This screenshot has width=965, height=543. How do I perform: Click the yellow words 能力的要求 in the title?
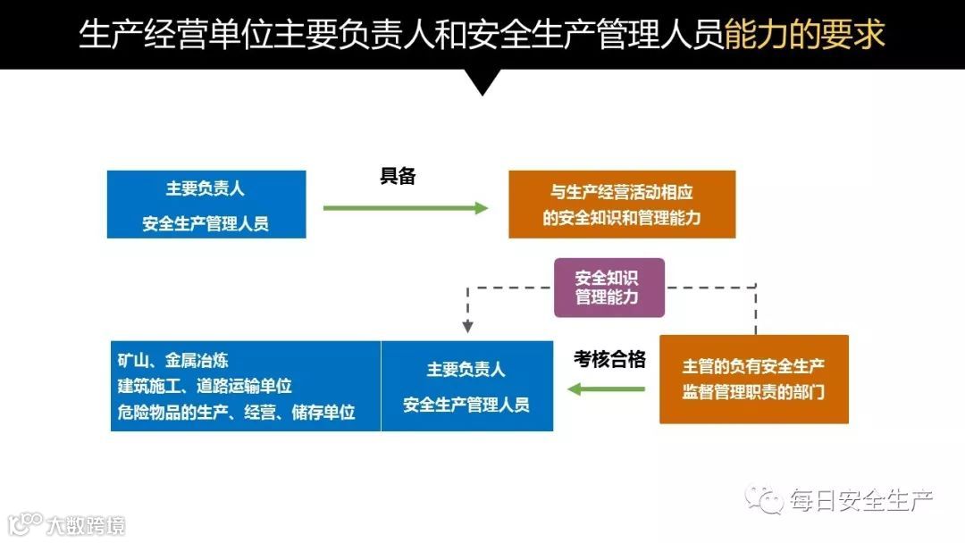[x=804, y=35]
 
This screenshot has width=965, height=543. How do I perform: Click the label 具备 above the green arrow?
[x=399, y=176]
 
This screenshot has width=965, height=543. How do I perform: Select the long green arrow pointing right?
[x=406, y=208]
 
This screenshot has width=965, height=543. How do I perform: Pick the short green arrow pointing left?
[x=607, y=388]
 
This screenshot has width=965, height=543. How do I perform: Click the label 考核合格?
[x=609, y=360]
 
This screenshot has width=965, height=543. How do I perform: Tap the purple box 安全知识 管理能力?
[x=608, y=288]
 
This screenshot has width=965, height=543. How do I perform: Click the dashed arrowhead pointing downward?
[x=467, y=326]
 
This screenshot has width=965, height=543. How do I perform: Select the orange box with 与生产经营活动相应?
[x=622, y=205]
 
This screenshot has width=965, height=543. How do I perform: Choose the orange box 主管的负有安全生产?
[x=753, y=379]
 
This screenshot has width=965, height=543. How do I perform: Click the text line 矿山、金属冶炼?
[x=173, y=361]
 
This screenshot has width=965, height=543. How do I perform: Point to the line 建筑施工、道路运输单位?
[x=206, y=386]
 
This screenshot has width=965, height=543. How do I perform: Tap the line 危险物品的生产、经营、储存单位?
[x=237, y=412]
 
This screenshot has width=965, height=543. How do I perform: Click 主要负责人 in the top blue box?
[x=206, y=189]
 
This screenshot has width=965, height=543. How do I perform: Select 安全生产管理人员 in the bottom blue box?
[x=466, y=405]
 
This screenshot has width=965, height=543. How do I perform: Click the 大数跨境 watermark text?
[x=87, y=524]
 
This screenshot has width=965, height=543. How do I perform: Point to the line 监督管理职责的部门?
[x=753, y=392]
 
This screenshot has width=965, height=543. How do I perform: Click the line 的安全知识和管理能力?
[x=622, y=218]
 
